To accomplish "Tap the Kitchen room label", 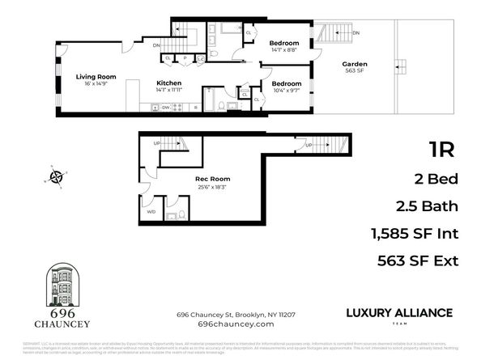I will click(x=168, y=83).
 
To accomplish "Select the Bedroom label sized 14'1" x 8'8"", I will click(x=283, y=43).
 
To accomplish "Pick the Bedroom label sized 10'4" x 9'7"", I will click(x=287, y=83).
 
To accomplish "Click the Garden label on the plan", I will click(x=354, y=64).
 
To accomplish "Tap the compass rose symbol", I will click(x=56, y=176).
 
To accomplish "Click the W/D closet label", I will click(x=151, y=211).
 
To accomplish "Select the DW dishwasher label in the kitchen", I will click(x=165, y=107).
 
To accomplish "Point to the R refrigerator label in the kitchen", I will click(x=195, y=107).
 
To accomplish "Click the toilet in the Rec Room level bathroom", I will click(x=171, y=214).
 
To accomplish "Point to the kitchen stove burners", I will click(x=180, y=107).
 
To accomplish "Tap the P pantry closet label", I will click(x=185, y=58).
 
